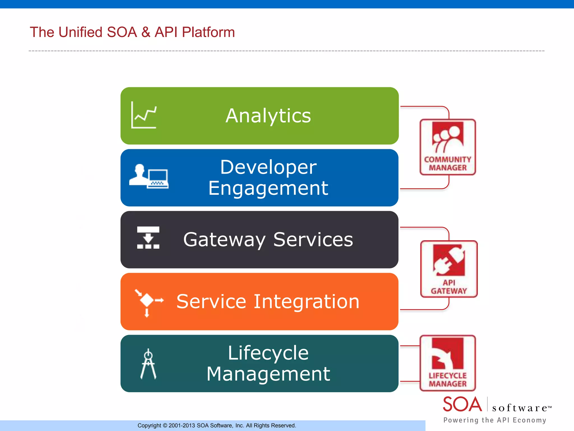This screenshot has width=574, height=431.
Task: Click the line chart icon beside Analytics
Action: tap(144, 115)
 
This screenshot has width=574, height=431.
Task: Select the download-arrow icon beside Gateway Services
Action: tap(148, 238)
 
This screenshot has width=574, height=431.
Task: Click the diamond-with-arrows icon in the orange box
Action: tap(148, 302)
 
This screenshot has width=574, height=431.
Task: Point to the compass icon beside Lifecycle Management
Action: tap(148, 364)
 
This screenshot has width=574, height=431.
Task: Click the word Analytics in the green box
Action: tap(268, 116)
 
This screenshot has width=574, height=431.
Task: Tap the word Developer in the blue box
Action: tap(268, 167)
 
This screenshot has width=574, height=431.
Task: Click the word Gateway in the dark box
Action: tap(224, 240)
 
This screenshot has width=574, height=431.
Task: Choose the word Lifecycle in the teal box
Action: tap(268, 353)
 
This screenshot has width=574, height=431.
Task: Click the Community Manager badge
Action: tap(448, 147)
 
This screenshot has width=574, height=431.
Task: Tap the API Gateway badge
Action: tap(449, 269)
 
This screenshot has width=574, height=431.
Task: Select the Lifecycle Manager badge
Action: tap(448, 363)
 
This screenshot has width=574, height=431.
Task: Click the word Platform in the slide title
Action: tap(208, 32)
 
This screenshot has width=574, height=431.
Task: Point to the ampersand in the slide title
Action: tap(146, 32)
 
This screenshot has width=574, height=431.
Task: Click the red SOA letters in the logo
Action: tap(462, 404)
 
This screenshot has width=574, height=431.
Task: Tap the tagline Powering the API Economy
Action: tap(495, 420)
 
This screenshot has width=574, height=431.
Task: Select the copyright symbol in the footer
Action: tap(165, 426)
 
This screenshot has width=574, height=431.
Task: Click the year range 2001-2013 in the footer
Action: tap(182, 426)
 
